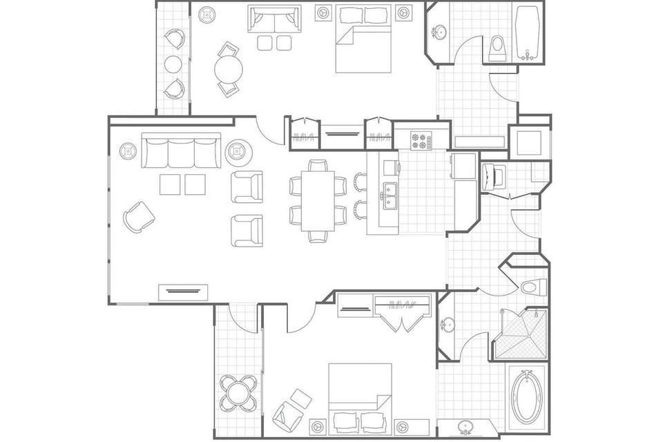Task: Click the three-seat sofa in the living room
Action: [181, 151]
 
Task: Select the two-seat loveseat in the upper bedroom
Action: [274, 20]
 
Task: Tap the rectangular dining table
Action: [317, 200]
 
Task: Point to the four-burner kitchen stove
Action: [421, 140]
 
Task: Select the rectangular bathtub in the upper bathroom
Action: [528, 34]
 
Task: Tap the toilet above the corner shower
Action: [533, 286]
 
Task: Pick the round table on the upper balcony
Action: [173, 64]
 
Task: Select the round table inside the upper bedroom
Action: [229, 69]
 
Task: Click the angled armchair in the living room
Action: [139, 217]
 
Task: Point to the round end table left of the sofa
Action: [128, 151]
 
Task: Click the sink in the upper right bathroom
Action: [439, 32]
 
